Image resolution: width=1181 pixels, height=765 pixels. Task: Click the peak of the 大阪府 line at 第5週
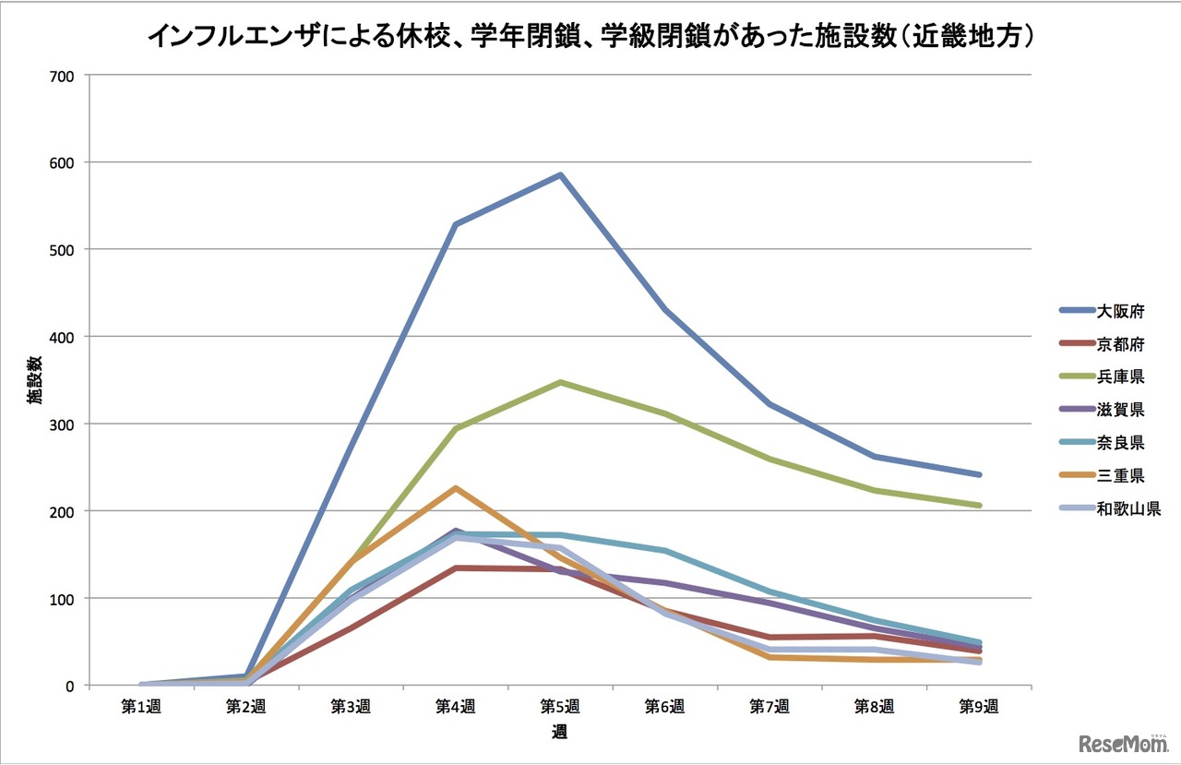[560, 174]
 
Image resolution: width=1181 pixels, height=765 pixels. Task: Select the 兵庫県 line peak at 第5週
[560, 382]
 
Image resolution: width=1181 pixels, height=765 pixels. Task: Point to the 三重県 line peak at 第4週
[455, 487]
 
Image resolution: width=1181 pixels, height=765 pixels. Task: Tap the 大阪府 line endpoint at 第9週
[979, 474]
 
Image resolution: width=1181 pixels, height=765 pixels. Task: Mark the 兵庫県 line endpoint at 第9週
[979, 505]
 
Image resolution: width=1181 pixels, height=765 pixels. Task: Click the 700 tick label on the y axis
[63, 75]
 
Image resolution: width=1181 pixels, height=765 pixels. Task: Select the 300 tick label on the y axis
[63, 424]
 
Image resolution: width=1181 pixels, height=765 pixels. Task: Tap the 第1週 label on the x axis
[141, 707]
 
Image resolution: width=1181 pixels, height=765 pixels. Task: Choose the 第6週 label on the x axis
[664, 707]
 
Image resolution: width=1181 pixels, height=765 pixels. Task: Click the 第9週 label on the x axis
[979, 707]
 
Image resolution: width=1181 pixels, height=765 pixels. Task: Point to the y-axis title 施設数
[34, 380]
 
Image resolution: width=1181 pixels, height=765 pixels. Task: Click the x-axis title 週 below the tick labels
[560, 733]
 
